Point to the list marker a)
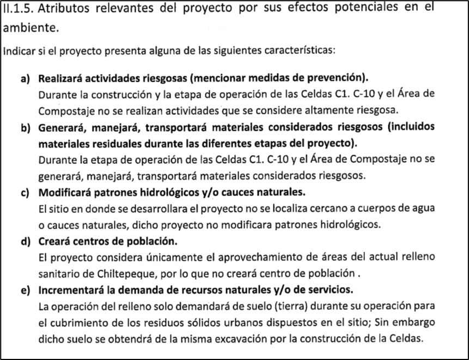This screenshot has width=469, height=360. [25, 78]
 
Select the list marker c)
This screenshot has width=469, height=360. [25, 193]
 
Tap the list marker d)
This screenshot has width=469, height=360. [25, 241]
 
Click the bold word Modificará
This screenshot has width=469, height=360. [64, 193]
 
